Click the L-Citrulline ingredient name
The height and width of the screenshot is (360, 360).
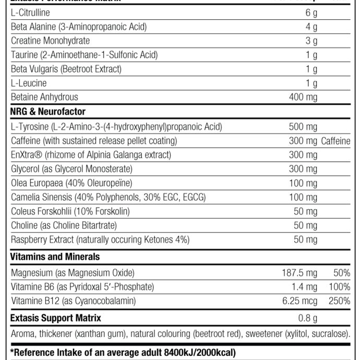(30, 13)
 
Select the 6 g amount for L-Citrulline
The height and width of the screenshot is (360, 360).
(311, 13)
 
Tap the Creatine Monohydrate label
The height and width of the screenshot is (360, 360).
(50, 41)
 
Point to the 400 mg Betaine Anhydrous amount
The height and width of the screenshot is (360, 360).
(303, 97)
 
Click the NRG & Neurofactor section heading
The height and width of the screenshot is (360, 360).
(48, 112)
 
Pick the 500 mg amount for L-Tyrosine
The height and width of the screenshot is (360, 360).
(303, 126)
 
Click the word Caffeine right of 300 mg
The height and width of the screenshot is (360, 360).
(335, 141)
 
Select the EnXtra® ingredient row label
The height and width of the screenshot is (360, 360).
(98, 155)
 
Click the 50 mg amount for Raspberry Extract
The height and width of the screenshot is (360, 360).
(305, 239)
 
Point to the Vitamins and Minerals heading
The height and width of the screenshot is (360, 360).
(55, 257)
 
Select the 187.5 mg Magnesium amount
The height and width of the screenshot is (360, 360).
(299, 273)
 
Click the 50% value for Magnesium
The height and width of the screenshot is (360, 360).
(342, 273)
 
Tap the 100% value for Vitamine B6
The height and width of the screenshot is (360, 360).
(340, 287)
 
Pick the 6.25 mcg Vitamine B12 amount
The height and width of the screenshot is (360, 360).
(299, 301)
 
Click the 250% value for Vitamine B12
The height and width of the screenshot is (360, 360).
(340, 301)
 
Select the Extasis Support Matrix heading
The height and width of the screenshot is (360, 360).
(56, 318)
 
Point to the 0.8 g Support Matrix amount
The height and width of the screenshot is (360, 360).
(307, 318)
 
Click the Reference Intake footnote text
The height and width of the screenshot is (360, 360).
(123, 353)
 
